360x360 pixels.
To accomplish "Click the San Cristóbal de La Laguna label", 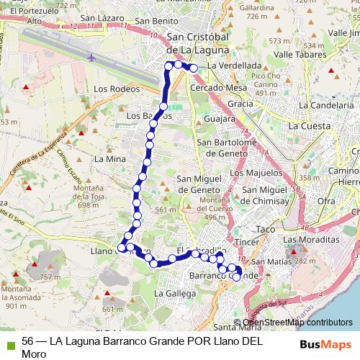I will click(197, 44).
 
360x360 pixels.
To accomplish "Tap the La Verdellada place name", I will click(234, 66).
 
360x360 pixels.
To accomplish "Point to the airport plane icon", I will click(91, 56).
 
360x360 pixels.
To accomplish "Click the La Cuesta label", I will click(310, 125).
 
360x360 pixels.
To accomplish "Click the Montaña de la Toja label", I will click(88, 196).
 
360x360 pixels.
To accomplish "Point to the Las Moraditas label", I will click(311, 239).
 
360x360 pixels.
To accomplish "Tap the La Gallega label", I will click(174, 294).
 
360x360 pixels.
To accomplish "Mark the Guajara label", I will click(220, 119).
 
